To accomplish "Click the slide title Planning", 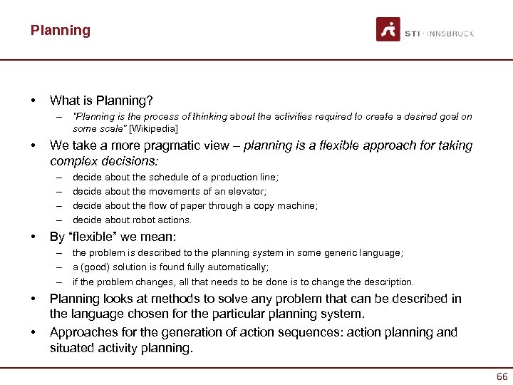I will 61,31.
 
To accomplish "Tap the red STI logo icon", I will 388,30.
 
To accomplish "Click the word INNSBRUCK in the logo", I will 451,34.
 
